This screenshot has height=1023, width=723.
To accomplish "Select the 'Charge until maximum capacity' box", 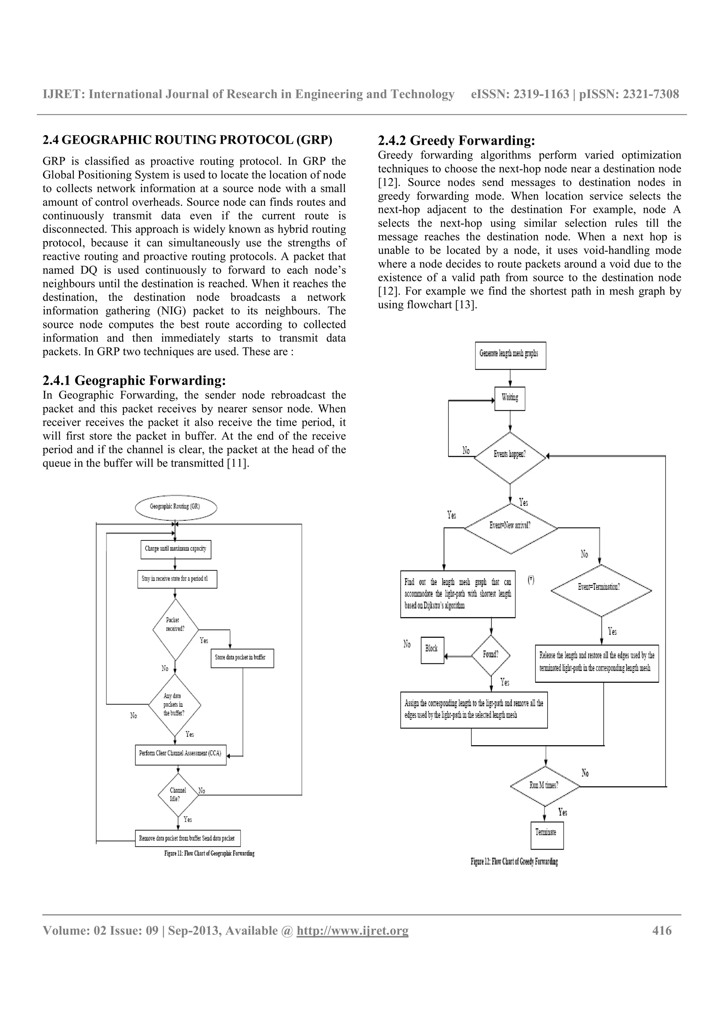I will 175,549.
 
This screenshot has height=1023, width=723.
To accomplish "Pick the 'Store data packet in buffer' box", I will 241,658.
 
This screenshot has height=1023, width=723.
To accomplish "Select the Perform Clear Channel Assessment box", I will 180,753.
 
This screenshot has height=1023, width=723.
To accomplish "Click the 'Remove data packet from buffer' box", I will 187,838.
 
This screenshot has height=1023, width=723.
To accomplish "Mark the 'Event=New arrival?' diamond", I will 510,528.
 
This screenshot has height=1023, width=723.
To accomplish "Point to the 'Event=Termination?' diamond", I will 601,590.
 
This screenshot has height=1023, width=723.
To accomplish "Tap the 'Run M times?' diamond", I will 545,785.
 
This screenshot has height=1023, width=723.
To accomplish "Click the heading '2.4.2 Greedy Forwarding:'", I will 456,141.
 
